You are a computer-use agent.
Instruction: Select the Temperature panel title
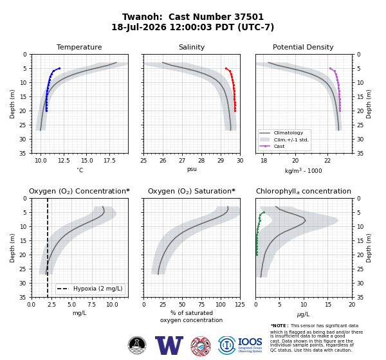click(x=79, y=47)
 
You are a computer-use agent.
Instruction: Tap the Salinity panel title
click(x=192, y=47)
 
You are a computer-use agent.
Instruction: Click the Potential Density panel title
click(x=303, y=47)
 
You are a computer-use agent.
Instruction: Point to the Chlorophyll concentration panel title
click(x=303, y=191)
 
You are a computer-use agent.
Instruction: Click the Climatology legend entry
click(x=288, y=133)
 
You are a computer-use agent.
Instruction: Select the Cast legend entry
click(x=279, y=146)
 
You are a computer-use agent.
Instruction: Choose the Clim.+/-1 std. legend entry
click(x=291, y=139)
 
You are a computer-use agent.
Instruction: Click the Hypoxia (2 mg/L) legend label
click(x=98, y=289)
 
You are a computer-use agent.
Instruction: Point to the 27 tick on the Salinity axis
click(x=182, y=161)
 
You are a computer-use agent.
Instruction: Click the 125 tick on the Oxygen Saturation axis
click(x=240, y=305)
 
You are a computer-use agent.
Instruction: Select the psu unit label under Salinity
click(x=192, y=170)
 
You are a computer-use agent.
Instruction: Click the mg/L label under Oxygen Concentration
click(x=79, y=313)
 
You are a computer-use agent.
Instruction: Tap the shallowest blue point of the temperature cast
click(x=59, y=68)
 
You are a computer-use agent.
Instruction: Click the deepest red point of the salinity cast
click(x=235, y=111)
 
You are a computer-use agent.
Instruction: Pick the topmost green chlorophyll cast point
click(x=264, y=212)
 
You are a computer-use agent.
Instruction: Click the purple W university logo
click(x=169, y=345)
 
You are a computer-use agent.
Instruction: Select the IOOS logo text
click(x=250, y=342)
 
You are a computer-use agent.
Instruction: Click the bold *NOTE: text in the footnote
click(x=279, y=326)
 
